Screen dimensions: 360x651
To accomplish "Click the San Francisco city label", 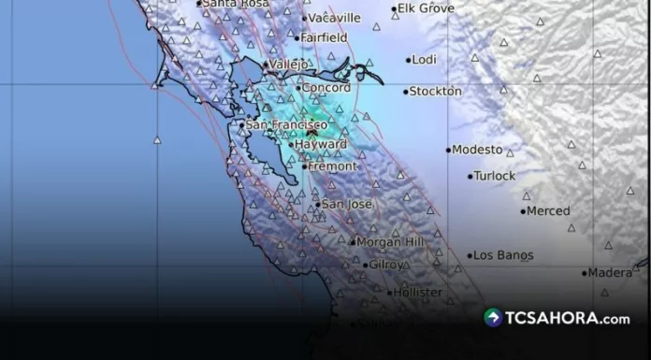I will pos(286,124).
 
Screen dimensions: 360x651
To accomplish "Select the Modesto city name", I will pos(478,150).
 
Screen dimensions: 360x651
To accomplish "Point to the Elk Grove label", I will pos(426,8).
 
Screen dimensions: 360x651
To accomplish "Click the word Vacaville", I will pos(335,18).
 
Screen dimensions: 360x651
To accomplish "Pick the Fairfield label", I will pos(324,37).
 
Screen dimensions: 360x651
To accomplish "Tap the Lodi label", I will pos(424,60).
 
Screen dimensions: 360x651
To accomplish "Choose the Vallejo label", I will pos(288,64).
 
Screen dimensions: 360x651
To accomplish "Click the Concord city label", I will pos(325,88).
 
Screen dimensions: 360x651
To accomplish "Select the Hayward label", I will pos(320,145).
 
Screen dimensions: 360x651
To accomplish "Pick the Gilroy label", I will pos(386,265).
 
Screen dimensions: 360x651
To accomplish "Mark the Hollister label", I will pos(418,293).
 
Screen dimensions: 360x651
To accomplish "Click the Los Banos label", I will pos(503,255).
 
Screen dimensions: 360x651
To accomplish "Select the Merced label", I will pos(548,211).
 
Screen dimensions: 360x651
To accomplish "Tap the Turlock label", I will pos(495,176).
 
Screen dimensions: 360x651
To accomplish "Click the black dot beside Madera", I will pos(585,273).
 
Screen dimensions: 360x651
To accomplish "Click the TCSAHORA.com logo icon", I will pos(493,318).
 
